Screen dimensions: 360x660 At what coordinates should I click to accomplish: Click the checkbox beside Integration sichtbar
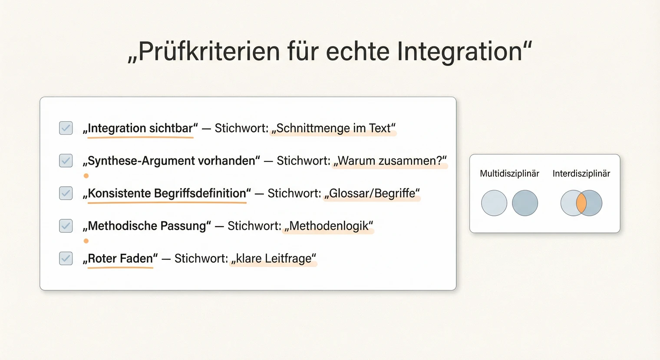click(x=66, y=128)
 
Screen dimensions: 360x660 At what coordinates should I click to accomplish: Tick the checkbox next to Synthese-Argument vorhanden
click(x=66, y=161)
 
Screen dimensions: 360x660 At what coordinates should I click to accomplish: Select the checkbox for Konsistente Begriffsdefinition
click(x=66, y=193)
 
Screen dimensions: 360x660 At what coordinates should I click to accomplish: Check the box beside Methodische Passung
click(x=66, y=226)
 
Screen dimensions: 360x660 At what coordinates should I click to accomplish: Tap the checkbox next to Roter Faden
click(x=66, y=258)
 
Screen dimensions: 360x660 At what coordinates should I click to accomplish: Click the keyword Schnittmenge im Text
click(x=333, y=129)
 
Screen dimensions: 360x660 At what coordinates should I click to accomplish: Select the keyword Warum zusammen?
click(x=390, y=161)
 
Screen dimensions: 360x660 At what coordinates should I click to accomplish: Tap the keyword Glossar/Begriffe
click(x=373, y=194)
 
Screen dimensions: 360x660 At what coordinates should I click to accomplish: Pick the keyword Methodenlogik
click(x=329, y=226)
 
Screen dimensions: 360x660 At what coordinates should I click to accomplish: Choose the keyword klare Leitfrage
click(x=274, y=259)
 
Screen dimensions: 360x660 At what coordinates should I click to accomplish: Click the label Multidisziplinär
click(x=509, y=174)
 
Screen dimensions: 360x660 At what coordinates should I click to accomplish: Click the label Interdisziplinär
click(x=581, y=174)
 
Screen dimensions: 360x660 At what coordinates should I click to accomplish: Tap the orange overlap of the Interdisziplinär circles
click(x=581, y=203)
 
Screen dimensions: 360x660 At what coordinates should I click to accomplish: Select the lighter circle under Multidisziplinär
click(x=494, y=203)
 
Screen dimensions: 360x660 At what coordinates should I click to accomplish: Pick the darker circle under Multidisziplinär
click(x=525, y=203)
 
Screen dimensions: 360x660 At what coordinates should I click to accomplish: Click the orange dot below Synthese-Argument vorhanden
click(x=86, y=176)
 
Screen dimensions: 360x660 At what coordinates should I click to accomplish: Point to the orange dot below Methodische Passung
click(x=86, y=241)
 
